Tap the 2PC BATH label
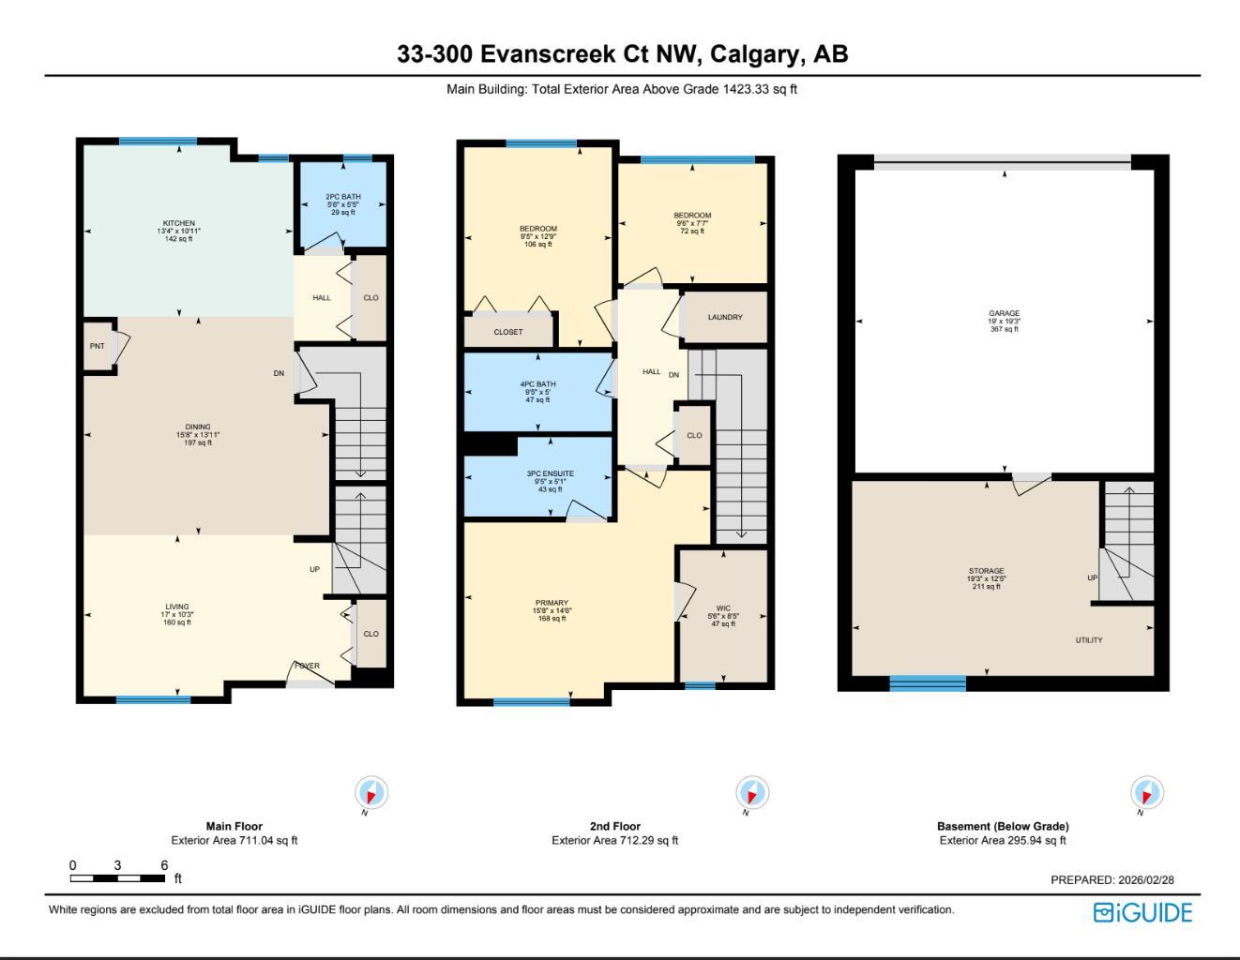(343, 197)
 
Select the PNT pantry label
(97, 347)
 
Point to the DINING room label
(198, 427)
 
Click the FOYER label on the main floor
(308, 667)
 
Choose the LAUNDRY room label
(725, 318)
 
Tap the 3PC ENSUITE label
(550, 474)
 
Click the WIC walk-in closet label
(723, 608)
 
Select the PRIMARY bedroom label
(552, 604)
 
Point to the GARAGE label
(1004, 314)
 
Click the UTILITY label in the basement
(1089, 640)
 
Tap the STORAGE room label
(986, 571)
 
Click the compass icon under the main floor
(371, 793)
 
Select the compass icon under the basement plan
(1146, 793)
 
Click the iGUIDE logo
(1142, 913)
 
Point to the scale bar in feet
(118, 878)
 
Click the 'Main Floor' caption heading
(234, 827)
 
